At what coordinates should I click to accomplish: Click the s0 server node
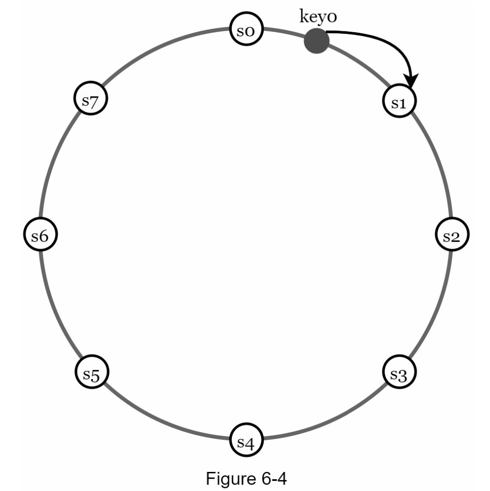pyautogui.click(x=246, y=29)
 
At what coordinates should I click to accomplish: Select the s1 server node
pyautogui.click(x=399, y=101)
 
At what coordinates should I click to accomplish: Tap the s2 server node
pyautogui.click(x=452, y=234)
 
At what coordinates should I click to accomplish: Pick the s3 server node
pyautogui.click(x=399, y=372)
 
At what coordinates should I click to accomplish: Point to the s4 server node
pyautogui.click(x=246, y=439)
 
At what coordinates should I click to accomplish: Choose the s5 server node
pyautogui.click(x=92, y=372)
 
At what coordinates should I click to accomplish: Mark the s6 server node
pyautogui.click(x=40, y=234)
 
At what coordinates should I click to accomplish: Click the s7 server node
pyautogui.click(x=91, y=98)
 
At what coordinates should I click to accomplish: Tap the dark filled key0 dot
pyautogui.click(x=317, y=41)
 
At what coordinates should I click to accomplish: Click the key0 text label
pyautogui.click(x=318, y=17)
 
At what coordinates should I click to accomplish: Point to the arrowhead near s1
pyautogui.click(x=411, y=81)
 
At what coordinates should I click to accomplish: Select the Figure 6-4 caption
pyautogui.click(x=246, y=478)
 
